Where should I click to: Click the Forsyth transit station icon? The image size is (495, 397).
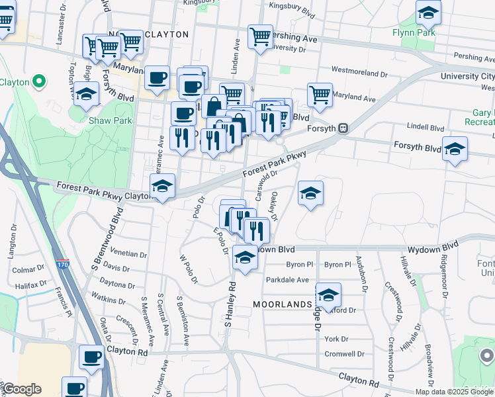tap(343, 128)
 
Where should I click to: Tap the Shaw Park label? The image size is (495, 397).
tap(111, 120)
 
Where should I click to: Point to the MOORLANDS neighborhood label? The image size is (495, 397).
tap(281, 304)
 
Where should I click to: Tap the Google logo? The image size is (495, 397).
tap(21, 389)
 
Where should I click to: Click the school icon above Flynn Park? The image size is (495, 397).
tap(428, 13)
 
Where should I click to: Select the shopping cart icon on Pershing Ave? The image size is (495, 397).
tap(260, 36)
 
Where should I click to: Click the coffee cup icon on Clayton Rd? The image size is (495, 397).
tap(91, 357)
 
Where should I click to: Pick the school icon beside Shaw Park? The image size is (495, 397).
tap(85, 95)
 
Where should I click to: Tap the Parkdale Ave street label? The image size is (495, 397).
tap(287, 280)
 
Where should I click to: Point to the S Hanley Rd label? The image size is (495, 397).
tap(230, 304)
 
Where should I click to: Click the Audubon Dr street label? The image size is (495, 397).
tap(361, 273)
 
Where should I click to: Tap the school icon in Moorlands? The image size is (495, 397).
tap(328, 294)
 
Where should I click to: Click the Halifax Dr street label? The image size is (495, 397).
tap(30, 284)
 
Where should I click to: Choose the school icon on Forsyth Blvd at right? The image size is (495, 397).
tap(455, 148)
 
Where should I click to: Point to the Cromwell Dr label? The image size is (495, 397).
tap(344, 354)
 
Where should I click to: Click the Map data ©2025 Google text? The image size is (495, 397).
tap(453, 392)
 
